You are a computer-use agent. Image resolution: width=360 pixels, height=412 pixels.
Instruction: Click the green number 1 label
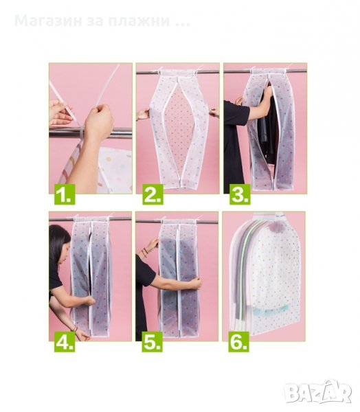click(x=65, y=194)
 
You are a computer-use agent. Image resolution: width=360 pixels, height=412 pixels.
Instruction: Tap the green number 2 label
click(x=153, y=194)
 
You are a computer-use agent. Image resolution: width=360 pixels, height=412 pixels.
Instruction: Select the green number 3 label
click(x=240, y=194)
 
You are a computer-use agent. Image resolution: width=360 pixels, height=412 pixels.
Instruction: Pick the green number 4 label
click(x=65, y=342)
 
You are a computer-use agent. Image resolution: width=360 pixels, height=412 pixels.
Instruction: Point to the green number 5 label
click(x=153, y=342)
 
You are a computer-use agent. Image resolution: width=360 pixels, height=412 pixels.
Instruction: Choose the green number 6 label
click(x=238, y=342)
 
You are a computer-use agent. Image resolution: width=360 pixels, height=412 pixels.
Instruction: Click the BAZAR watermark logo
click(x=319, y=392)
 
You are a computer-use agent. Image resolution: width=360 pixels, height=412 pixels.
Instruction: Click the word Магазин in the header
click(x=48, y=21)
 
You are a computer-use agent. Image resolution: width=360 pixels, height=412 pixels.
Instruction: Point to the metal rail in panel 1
click(x=91, y=133)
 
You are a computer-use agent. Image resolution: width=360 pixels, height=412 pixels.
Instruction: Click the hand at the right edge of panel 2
click(x=214, y=113)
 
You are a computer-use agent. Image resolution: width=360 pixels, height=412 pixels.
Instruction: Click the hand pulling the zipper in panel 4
click(x=89, y=301)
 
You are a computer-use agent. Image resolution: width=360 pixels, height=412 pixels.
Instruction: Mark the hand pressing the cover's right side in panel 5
click(x=196, y=283)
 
